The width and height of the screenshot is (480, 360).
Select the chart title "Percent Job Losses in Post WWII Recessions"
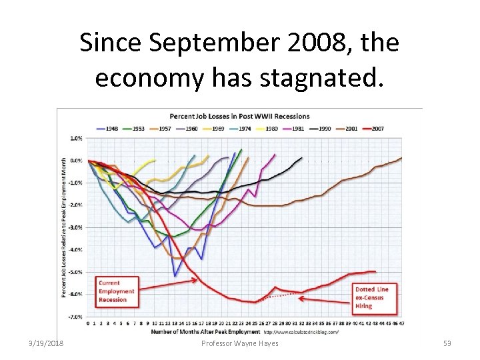tap(240, 117)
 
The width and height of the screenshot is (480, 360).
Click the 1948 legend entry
tap(109, 128)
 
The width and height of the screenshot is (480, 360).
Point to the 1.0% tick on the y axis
tap(76, 138)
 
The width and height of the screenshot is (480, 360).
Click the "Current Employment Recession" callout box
tap(117, 291)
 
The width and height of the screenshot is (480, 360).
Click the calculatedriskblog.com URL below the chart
tap(301, 331)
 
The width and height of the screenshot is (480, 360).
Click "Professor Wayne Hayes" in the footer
tap(239, 343)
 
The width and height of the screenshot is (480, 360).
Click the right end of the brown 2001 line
tap(401, 158)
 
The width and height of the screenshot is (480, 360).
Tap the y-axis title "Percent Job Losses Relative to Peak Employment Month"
tap(65, 227)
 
